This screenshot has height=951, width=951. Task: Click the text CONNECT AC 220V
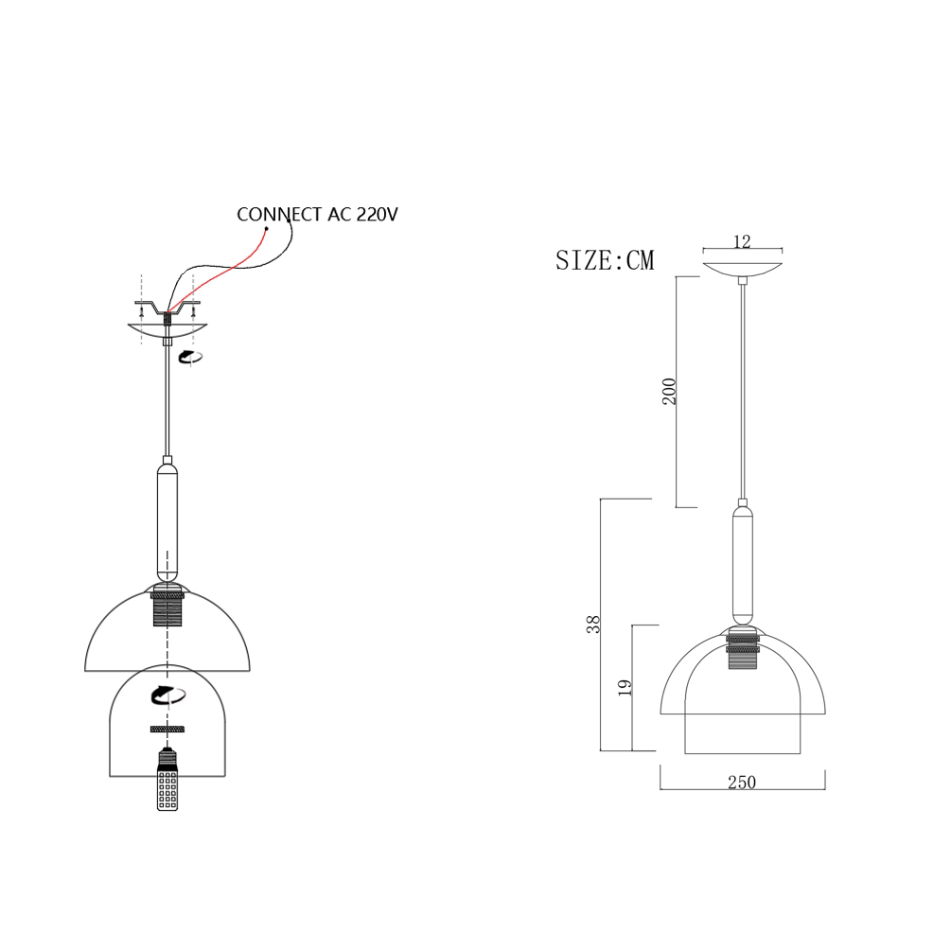(317, 215)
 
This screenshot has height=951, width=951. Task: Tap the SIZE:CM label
(606, 260)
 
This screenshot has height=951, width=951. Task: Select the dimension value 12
(742, 242)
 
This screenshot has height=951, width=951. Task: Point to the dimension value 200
(669, 391)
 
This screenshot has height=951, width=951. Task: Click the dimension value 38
(592, 625)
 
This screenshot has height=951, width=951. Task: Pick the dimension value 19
(625, 687)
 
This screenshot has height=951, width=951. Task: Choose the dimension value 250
(742, 783)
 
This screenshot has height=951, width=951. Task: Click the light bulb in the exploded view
(167, 780)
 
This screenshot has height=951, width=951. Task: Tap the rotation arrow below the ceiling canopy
(190, 357)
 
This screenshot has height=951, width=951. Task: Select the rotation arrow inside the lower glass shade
(168, 695)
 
